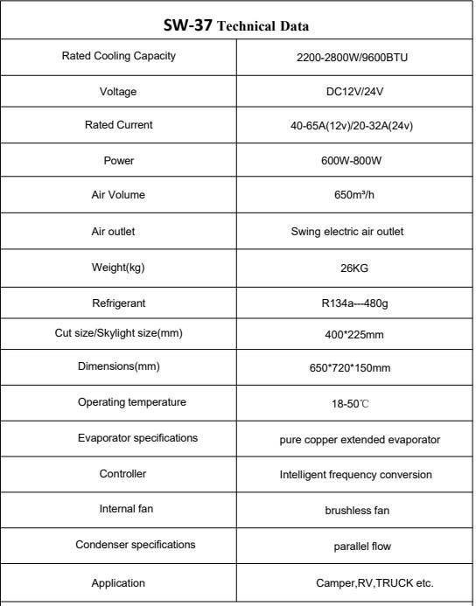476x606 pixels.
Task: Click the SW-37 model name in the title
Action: (186, 25)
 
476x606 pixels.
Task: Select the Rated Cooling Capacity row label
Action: (119, 56)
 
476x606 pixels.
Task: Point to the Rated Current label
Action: (119, 125)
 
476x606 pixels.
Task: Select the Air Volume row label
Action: (119, 195)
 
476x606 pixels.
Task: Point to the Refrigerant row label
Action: (119, 303)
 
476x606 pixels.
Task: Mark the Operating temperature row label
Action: (120, 402)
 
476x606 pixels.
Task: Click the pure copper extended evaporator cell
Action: (354, 439)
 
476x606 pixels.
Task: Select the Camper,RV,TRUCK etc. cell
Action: (374, 582)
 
